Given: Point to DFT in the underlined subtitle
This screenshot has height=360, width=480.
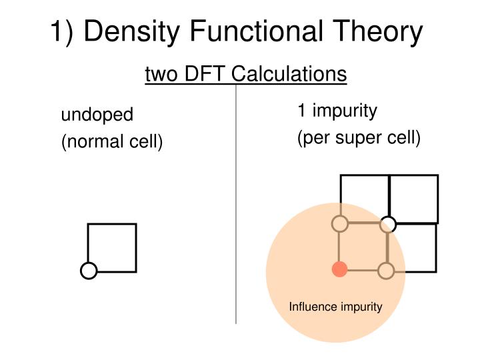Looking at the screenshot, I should [x=201, y=73].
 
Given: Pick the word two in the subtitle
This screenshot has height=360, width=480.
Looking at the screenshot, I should [x=159, y=73].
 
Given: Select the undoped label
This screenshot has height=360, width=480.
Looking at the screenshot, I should [x=97, y=115].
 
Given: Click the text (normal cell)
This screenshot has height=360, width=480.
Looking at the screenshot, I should [x=112, y=141].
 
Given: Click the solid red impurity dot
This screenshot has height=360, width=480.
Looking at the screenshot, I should [x=340, y=270].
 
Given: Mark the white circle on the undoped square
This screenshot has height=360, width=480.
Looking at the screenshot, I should [x=89, y=271].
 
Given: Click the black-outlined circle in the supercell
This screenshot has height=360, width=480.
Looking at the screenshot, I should [x=389, y=225].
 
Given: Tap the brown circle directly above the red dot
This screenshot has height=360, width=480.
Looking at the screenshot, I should [x=340, y=224].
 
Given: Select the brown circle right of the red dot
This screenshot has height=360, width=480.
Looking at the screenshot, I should [x=386, y=270].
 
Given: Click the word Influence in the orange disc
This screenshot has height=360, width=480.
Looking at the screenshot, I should [x=311, y=307].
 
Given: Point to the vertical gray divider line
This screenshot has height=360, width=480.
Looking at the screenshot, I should [x=237, y=200].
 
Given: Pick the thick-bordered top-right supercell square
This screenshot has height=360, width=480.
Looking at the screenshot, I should [x=413, y=199].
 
